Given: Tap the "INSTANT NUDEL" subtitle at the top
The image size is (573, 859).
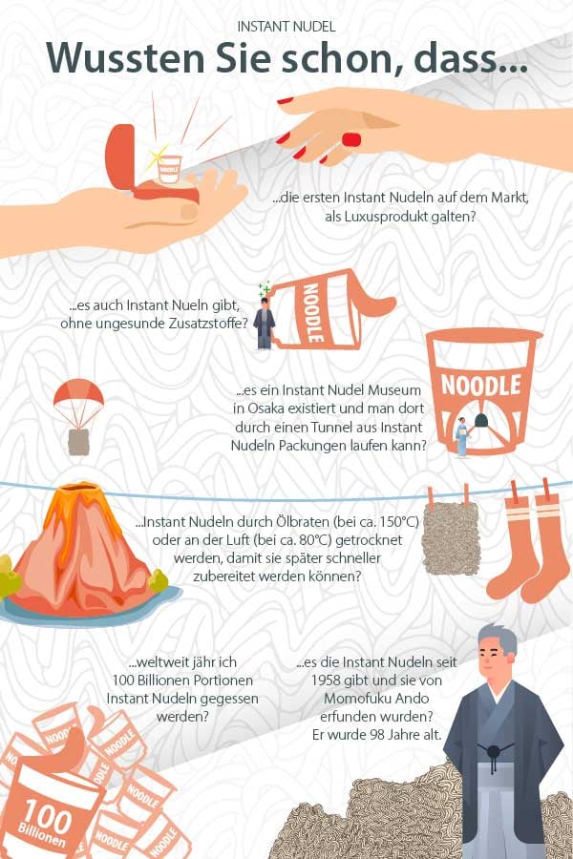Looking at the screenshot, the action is coord(286,27).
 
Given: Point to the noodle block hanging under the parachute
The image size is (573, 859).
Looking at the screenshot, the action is coord(78,442).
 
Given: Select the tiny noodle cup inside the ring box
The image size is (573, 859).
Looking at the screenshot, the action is coord(169,169).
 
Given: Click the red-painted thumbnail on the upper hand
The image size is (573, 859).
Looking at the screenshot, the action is coord(351,139).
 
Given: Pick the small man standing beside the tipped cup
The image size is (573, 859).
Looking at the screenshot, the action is coord(265,324).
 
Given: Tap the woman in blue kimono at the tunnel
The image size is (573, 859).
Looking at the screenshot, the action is coord(461,436).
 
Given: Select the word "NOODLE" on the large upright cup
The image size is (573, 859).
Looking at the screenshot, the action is coord(481,386).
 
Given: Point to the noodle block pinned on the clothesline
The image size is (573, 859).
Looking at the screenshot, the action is coord(451,537).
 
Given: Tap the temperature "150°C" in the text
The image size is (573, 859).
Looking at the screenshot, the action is coord(399,521).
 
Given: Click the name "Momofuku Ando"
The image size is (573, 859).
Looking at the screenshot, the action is coord(376,699).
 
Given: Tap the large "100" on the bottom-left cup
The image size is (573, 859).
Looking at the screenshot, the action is coord(47,817).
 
